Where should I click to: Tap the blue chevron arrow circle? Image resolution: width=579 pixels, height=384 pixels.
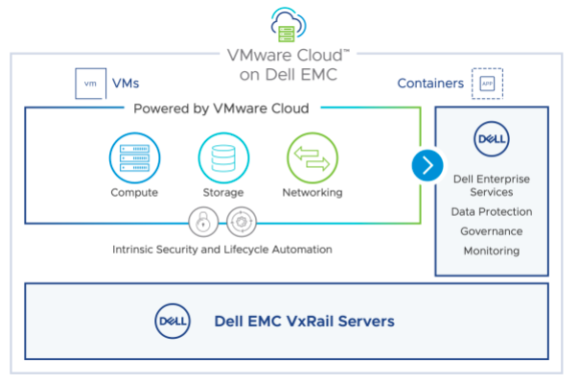(x=428, y=165)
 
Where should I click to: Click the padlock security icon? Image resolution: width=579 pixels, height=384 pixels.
(x=202, y=223)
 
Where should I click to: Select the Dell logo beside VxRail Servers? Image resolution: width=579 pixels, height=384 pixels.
(x=173, y=320)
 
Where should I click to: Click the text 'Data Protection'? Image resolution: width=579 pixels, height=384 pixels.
(x=492, y=211)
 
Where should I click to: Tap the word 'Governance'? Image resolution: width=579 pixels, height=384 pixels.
(x=492, y=231)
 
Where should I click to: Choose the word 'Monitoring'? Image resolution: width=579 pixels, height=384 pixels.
(x=492, y=252)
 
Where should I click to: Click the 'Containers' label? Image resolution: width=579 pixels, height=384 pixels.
(x=431, y=84)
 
